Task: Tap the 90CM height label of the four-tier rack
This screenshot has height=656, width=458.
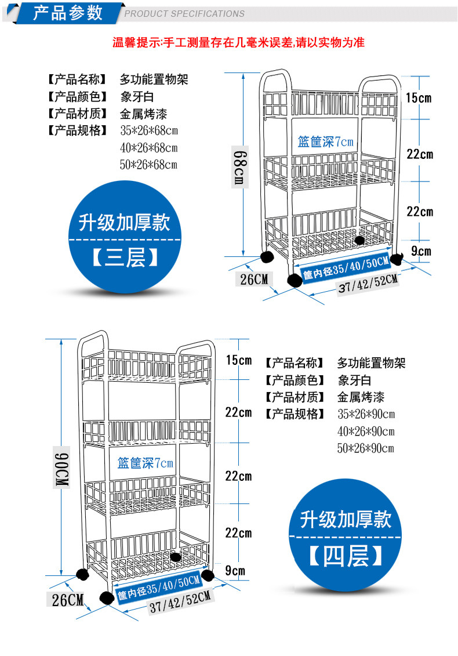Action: click(61, 467)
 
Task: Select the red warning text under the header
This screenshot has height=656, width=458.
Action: click(238, 42)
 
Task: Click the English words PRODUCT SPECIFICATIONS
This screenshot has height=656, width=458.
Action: click(185, 14)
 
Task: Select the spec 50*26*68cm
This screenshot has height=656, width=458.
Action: click(148, 165)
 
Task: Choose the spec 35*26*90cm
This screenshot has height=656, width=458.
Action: click(366, 414)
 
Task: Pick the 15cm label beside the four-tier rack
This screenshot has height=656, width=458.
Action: click(239, 360)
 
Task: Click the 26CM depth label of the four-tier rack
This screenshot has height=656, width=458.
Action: click(68, 599)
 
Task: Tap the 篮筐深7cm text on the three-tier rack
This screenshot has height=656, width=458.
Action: click(325, 142)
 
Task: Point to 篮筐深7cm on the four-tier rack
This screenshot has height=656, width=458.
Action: click(145, 463)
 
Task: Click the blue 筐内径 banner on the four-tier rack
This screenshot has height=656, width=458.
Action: click(158, 587)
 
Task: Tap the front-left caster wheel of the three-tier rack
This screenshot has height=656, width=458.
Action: click(295, 280)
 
